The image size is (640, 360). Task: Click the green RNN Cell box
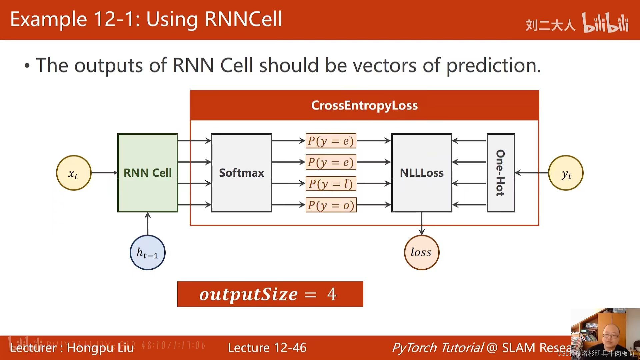coord(147,173)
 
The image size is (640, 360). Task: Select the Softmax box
coord(241,173)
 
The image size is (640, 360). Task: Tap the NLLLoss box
coord(422,173)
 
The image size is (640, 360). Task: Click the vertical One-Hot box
coord(501,173)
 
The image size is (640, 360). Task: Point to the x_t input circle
coord(74,173)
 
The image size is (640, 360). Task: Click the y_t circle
coord(566,173)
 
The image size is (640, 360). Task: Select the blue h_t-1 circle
coord(147,252)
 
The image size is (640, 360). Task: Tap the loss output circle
coord(421,252)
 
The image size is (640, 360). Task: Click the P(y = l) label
coord(331,184)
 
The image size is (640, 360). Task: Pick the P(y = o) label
coord(331,205)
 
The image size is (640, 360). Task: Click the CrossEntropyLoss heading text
coord(364,105)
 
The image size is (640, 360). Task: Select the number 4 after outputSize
coord(332,294)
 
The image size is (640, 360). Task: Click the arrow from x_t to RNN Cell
coord(104,173)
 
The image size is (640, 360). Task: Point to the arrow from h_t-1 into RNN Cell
coord(148,224)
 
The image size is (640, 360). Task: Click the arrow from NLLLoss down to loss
coord(422,223)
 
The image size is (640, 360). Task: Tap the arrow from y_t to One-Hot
coord(531,173)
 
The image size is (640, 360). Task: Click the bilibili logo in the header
coord(605,23)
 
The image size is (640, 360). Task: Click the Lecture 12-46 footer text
coord(267,348)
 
